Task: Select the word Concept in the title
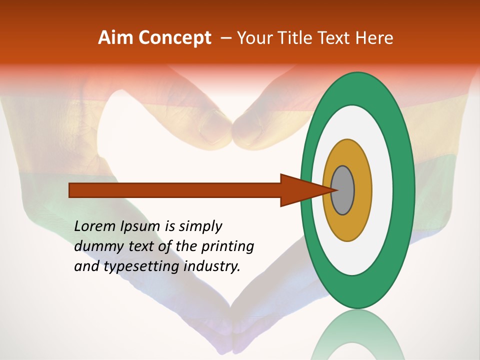click(x=174, y=38)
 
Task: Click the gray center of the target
click(x=342, y=190)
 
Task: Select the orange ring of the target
click(x=363, y=190)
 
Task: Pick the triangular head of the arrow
click(x=300, y=190)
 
